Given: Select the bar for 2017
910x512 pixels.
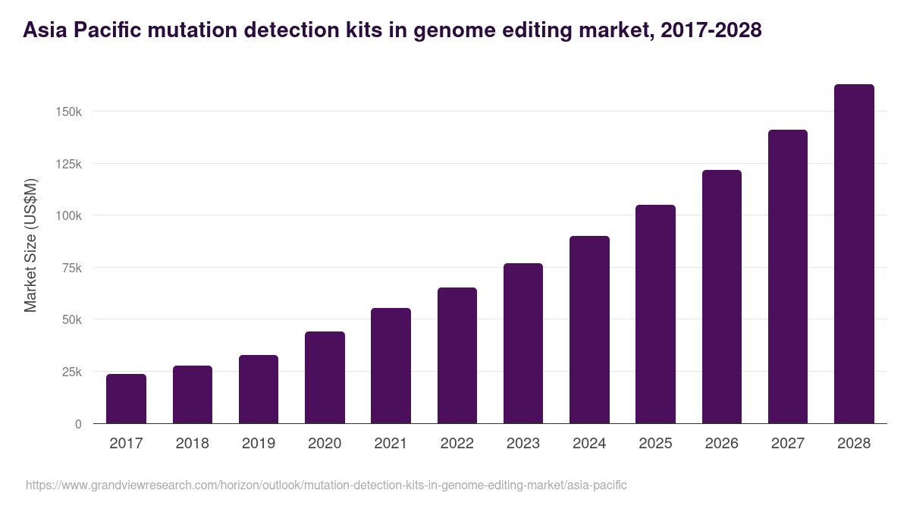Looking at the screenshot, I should pos(126,399).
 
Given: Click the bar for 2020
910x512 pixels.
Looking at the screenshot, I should pos(325,378).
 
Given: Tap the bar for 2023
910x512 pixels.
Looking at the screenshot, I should pos(523,344).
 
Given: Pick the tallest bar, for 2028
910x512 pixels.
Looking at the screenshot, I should pos(854,254).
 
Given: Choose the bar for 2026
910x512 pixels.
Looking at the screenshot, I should pos(721,297).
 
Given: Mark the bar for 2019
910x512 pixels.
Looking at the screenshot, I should pos(259,389).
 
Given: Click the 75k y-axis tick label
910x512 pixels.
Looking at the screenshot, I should pos(71,268).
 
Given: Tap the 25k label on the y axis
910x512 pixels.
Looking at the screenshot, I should pos(71,372).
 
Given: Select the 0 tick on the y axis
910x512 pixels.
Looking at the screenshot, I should pos(77,424).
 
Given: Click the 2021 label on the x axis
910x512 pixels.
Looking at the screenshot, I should pos(391,444).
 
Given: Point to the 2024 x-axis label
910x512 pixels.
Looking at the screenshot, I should pos(589,444).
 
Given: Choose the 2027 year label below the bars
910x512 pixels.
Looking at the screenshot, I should pos(788,444).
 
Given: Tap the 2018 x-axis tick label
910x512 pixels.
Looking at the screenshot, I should pos(192,444).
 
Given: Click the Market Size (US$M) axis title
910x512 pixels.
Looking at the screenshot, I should pos(30,246).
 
